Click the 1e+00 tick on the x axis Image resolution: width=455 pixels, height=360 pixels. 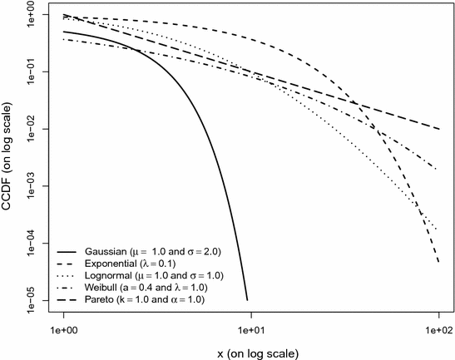click(x=64, y=331)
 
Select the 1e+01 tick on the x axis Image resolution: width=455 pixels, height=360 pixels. click(x=251, y=331)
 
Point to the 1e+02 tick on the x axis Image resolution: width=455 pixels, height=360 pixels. click(x=438, y=331)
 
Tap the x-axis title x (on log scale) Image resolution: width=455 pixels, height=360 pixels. click(x=251, y=353)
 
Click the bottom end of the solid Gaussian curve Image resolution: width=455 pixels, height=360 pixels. click(x=246, y=299)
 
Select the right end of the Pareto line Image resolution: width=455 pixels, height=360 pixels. click(x=438, y=129)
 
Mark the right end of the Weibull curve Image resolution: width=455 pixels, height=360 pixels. click(x=438, y=170)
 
